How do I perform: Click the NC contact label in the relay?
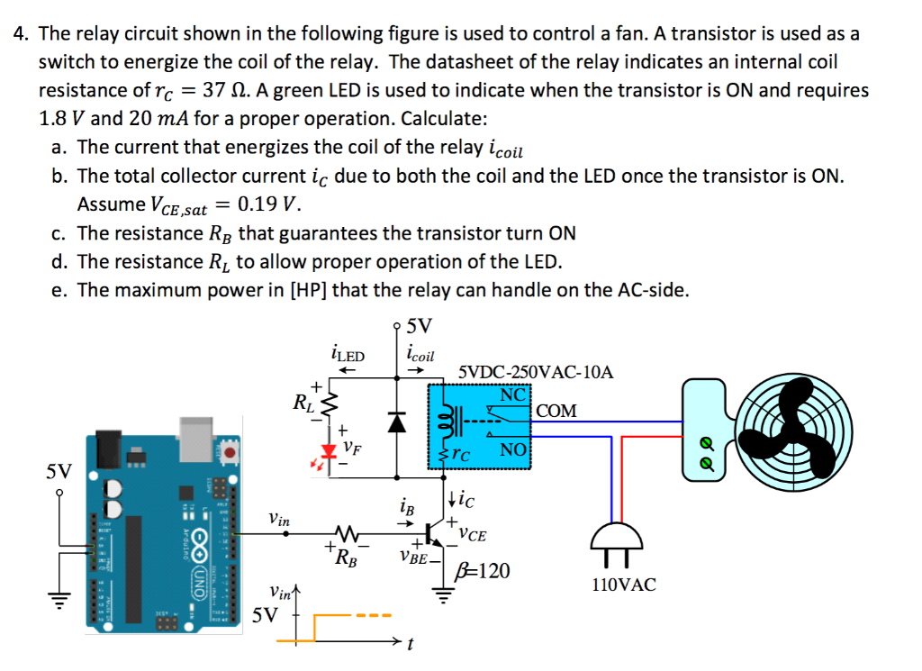click(x=513, y=394)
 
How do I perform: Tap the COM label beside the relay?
click(x=556, y=412)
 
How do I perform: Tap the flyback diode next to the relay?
click(x=397, y=421)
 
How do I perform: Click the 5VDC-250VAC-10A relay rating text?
click(x=536, y=371)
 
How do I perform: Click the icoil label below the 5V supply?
click(x=420, y=354)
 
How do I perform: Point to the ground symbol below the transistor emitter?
click(x=441, y=594)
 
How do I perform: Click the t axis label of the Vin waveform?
click(x=410, y=645)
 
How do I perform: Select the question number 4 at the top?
click(x=21, y=34)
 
